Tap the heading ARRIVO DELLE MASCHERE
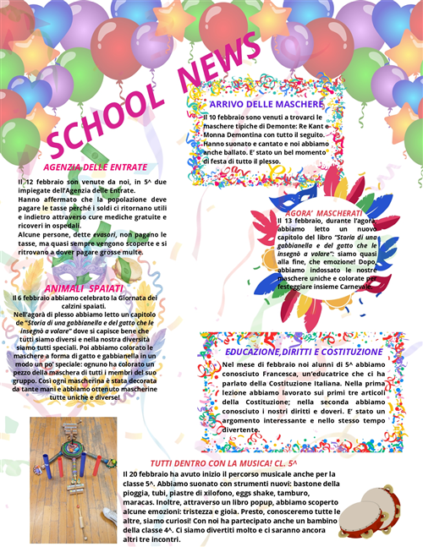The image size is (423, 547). point(266,103)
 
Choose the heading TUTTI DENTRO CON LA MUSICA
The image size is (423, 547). point(223,463)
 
